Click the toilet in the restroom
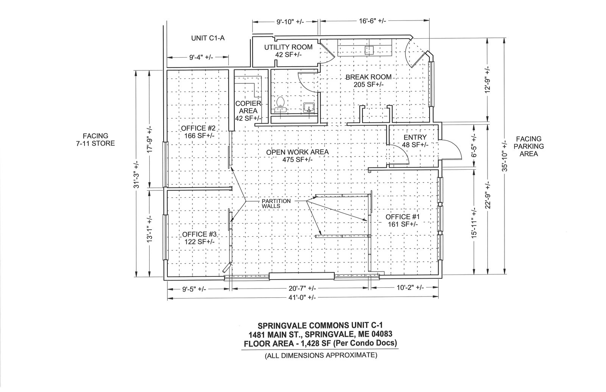coord(281,105)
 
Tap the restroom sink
coord(309,108)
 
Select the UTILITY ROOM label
coord(288,51)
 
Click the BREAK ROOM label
coord(369,81)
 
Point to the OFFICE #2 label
coord(198,132)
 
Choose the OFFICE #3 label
coord(199,238)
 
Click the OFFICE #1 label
coord(403,220)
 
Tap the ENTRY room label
coord(415,141)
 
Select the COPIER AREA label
coord(248,111)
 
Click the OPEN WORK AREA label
coord(297,156)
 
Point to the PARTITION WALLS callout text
coord(276,203)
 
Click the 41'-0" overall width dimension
coord(302,298)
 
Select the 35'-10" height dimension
coord(505,157)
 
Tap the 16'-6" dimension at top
coord(372,21)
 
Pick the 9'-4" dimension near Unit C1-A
coord(201,57)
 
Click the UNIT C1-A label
coord(208,38)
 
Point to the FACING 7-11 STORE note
coord(95,140)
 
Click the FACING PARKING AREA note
coord(529,146)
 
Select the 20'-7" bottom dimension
coord(302,288)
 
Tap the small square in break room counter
coord(369,51)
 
